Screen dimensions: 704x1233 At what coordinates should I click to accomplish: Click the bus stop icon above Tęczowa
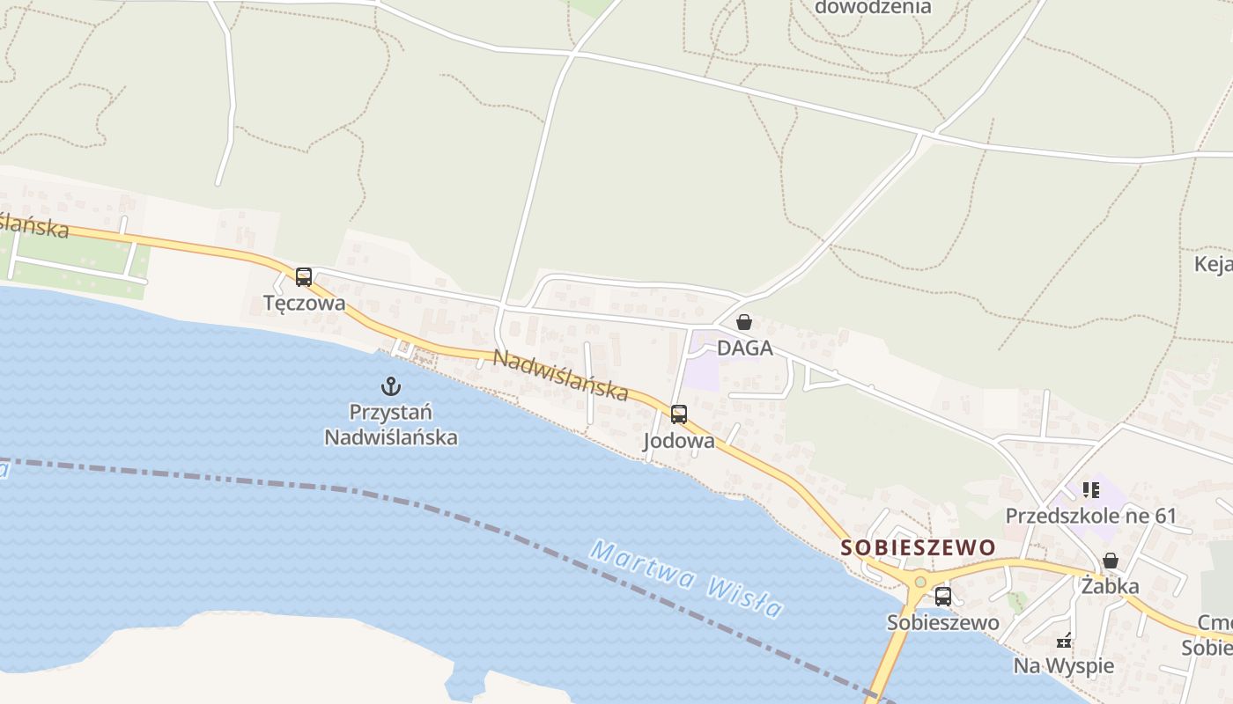tap(304, 277)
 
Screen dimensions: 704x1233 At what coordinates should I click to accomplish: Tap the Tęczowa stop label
tap(304, 303)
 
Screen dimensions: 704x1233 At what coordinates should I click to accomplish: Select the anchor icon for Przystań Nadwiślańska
tap(390, 385)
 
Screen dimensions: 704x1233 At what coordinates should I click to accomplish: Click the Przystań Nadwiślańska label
tap(391, 424)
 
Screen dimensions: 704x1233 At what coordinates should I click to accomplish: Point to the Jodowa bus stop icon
tap(679, 414)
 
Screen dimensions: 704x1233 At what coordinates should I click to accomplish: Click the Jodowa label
tap(679, 441)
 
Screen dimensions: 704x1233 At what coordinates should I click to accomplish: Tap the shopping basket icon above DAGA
tap(744, 322)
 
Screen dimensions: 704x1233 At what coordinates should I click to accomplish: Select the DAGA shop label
tap(744, 348)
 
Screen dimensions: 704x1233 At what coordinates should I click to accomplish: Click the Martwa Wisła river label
tap(687, 579)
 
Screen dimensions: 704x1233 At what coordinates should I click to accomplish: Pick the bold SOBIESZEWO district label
tap(918, 547)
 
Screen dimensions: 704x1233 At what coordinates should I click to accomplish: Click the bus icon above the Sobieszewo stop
tap(943, 597)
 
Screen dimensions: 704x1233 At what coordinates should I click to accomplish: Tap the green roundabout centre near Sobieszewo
tap(920, 582)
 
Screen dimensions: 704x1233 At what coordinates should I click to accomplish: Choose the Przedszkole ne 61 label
tap(1091, 516)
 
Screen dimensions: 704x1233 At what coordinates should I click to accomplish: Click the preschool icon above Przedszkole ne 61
tap(1091, 490)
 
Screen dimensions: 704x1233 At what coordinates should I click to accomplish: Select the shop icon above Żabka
tap(1111, 561)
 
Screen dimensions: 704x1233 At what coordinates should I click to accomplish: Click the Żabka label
tap(1111, 586)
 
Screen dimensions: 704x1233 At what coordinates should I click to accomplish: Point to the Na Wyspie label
tap(1064, 665)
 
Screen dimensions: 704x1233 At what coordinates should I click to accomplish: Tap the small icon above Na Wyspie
tap(1064, 640)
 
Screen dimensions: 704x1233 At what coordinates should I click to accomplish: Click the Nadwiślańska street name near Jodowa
tap(560, 375)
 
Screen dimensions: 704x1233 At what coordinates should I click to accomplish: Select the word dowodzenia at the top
tap(873, 7)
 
